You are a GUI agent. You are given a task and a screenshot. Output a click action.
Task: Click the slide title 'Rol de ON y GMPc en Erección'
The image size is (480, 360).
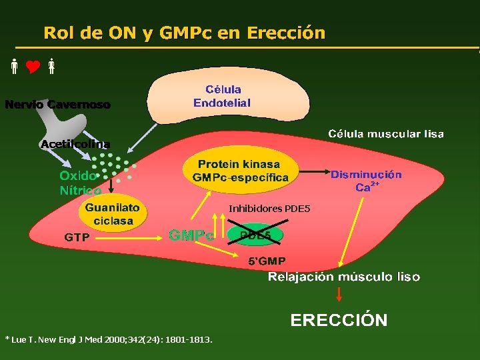click(x=184, y=33)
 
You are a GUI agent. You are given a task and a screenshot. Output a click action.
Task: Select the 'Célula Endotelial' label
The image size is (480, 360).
click(x=223, y=96)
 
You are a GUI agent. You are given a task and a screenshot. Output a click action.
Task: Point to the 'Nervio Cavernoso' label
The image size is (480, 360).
click(x=58, y=105)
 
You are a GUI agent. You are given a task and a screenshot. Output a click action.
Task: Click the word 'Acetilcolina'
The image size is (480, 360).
click(x=75, y=144)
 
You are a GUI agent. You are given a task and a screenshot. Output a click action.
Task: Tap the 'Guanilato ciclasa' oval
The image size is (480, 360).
click(x=113, y=215)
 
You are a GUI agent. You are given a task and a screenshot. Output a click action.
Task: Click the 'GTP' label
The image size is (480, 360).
click(x=77, y=237)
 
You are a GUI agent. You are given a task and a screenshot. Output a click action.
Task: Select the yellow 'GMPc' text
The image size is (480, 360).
click(x=191, y=235)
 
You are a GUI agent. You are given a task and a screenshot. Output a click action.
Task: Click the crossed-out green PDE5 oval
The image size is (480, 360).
click(x=255, y=235)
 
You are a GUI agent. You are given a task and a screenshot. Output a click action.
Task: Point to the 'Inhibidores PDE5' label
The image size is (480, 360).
click(x=269, y=209)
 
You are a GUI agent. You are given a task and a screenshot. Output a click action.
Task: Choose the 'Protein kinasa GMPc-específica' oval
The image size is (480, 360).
click(x=240, y=171)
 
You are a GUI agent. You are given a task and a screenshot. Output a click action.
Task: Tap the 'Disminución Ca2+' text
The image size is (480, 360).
click(x=366, y=181)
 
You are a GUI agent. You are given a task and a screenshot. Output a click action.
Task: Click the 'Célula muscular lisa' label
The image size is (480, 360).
click(x=385, y=134)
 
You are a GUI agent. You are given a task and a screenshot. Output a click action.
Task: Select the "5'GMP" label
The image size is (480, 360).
click(x=267, y=261)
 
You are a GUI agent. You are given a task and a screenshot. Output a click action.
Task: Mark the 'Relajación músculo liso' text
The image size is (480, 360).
click(x=344, y=277)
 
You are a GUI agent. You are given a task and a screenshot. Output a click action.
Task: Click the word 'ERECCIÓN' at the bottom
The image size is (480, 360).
click(x=339, y=320)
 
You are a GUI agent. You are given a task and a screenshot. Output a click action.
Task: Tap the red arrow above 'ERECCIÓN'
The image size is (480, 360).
click(x=339, y=294)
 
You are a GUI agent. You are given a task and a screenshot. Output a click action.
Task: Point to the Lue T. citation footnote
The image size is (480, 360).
click(x=109, y=339)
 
